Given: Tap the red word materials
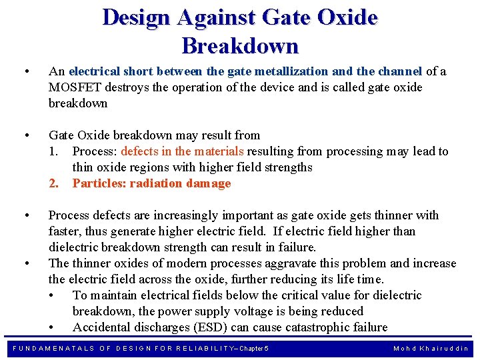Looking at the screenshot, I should coord(219,151).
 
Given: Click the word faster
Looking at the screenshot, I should coord(65,231).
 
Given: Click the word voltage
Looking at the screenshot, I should coord(280,311).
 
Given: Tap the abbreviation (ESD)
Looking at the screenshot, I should coord(213,327).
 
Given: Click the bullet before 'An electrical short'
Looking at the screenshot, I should coord(25,71).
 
